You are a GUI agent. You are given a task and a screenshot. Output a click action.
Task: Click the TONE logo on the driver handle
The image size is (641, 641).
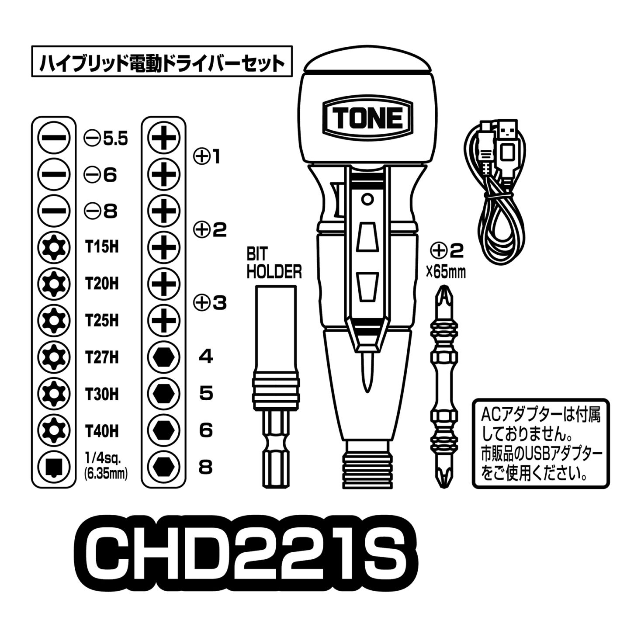367,118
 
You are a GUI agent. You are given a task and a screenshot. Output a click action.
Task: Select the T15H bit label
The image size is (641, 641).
102,247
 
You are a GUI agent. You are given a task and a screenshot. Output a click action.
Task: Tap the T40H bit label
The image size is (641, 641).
102,431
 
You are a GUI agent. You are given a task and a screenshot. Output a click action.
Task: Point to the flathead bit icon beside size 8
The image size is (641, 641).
54,211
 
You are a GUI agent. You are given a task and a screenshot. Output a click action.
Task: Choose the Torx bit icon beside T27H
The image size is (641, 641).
54,358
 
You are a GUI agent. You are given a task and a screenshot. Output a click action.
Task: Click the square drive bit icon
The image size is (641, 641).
54,468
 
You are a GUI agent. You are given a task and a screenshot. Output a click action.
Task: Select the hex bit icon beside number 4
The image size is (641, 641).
164,358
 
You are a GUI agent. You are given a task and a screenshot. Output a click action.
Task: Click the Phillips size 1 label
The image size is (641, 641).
207,156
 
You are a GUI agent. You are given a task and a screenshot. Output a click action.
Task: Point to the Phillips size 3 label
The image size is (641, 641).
210,303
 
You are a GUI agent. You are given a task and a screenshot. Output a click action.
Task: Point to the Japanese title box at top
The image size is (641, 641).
162,62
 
